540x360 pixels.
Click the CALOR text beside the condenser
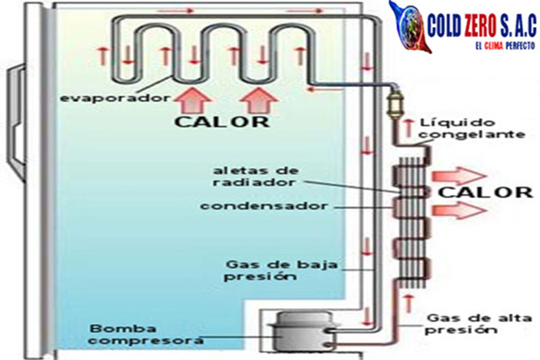[x=485, y=192]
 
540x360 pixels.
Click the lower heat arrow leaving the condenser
[x=460, y=210]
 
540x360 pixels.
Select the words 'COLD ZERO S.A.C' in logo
[x=482, y=27]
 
